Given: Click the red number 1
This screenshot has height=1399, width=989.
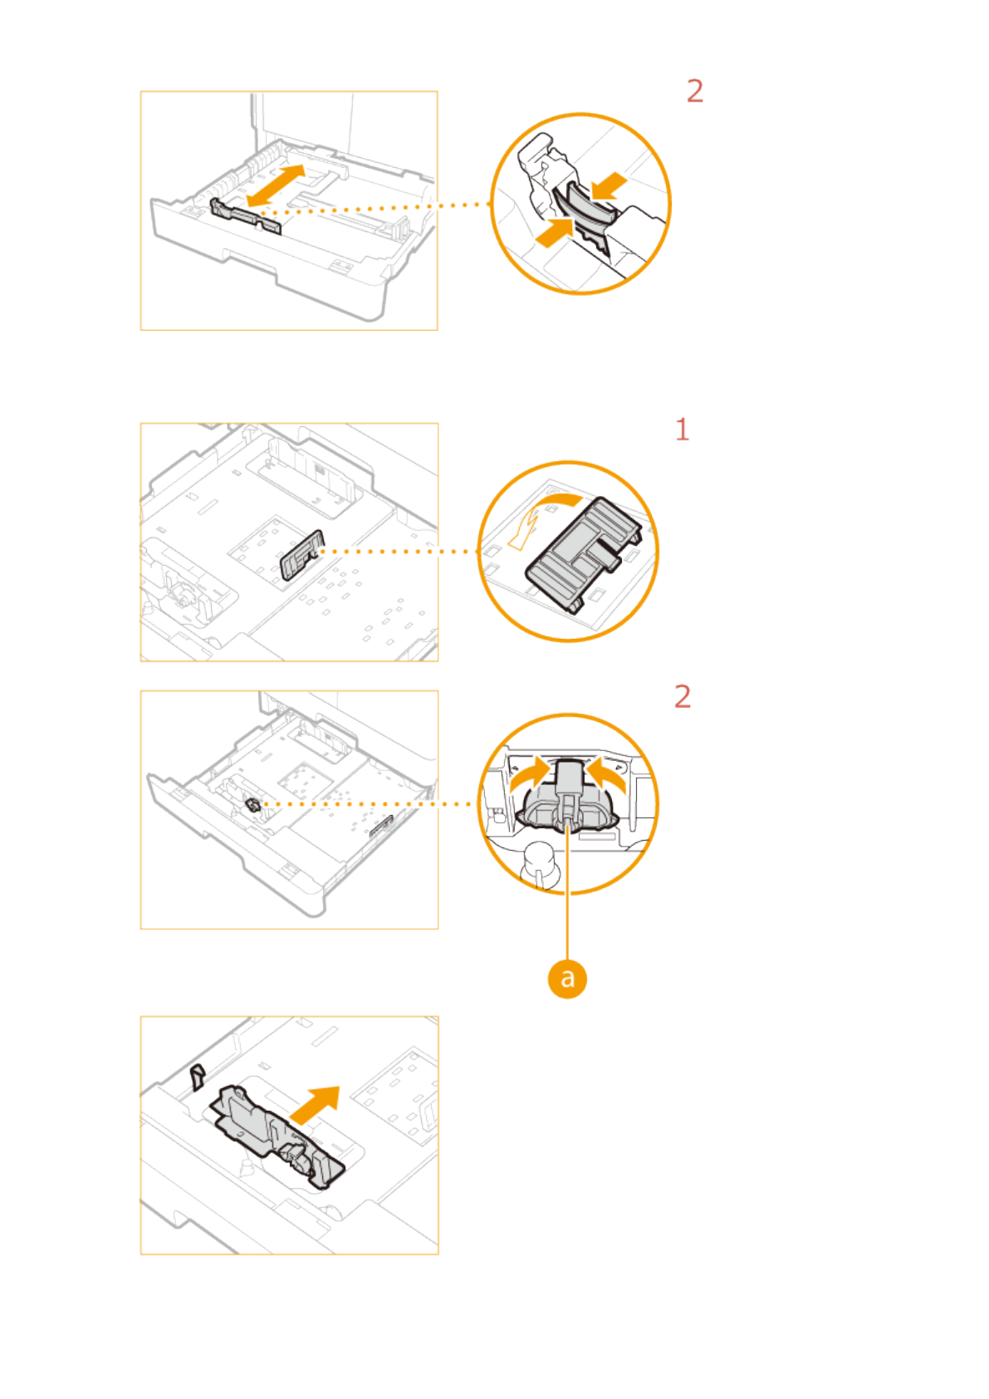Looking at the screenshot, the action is pos(683,430).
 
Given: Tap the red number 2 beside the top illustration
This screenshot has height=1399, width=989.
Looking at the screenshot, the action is pos(695,91).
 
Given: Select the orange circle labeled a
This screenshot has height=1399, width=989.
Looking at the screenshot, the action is pos(567,978).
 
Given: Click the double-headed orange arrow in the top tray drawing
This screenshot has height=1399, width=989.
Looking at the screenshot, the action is pos(276,185).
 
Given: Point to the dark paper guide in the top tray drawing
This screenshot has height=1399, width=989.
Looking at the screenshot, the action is pos(245,216).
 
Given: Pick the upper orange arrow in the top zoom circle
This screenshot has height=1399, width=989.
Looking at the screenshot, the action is pos(608,187).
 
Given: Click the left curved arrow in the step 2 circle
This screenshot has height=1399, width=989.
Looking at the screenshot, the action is pos(530,777).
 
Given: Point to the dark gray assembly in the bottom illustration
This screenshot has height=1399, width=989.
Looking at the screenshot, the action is pos(276,1136).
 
